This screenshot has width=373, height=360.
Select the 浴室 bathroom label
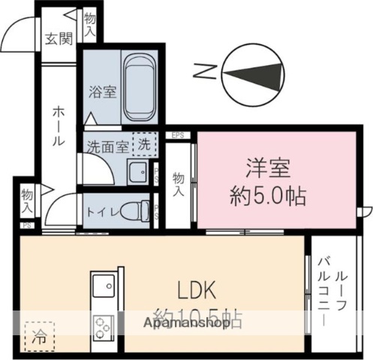[102, 92]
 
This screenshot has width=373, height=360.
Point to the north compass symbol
[253, 73]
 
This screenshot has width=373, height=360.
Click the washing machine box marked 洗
[143, 142]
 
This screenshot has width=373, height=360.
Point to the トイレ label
[102, 211]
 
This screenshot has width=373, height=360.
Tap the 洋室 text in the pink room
[267, 167]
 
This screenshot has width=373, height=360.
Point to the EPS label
[178, 136]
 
